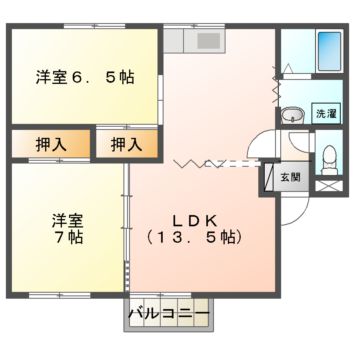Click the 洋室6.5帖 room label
point(86,77)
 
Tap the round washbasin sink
point(291,114)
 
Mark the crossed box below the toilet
point(329,186)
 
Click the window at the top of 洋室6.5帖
point(86,27)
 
